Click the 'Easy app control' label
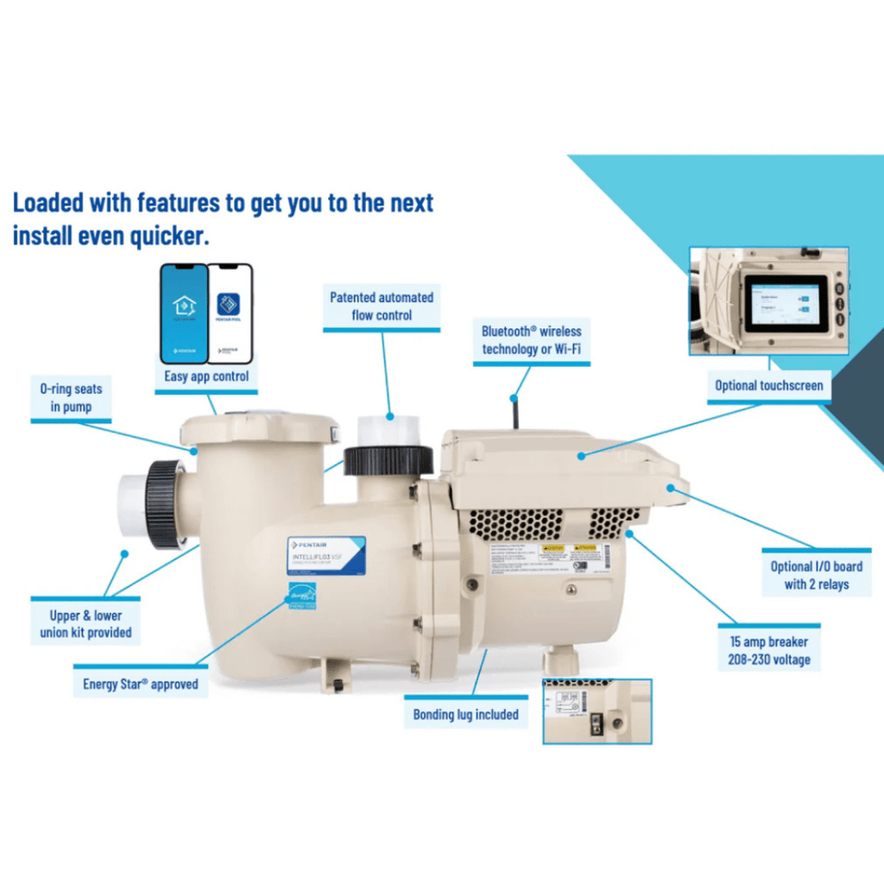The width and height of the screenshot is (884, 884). coord(206,376)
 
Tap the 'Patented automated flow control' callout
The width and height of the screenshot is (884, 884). coord(382,306)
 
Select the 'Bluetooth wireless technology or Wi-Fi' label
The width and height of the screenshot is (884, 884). coord(531,340)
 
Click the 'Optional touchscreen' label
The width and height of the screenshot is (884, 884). coord(768,386)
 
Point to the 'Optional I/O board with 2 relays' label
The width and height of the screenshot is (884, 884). coord(816,575)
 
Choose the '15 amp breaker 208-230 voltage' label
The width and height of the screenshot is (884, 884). coord(768,651)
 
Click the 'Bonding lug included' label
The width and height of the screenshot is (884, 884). coord(465,714)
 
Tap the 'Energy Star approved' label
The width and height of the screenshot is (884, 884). coord(141,684)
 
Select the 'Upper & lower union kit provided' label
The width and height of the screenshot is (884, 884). coord(85,623)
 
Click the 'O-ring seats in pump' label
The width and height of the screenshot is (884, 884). coord(71,398)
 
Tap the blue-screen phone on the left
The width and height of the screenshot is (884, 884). coord(184,313)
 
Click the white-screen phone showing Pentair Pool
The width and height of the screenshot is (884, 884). coord(230,313)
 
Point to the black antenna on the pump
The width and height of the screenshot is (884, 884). coord(515,414)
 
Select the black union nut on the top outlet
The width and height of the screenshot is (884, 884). coord(388,461)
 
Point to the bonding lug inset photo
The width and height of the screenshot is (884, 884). coord(597,710)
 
